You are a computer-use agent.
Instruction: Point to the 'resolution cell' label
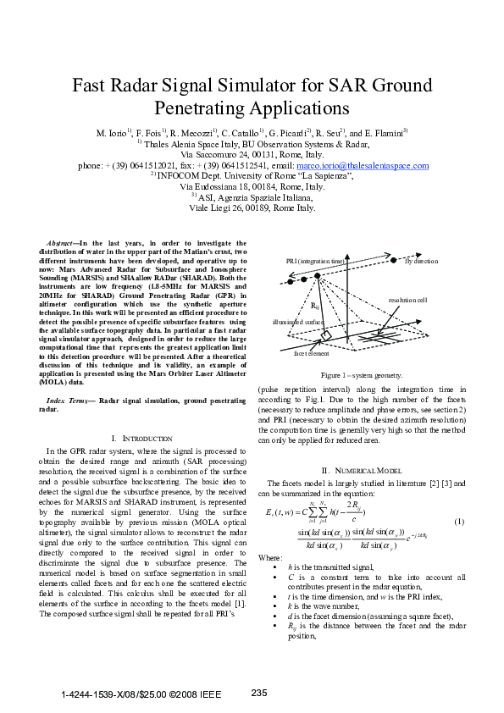pos(431,300)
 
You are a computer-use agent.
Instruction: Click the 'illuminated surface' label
pos(297,323)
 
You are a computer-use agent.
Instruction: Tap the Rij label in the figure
pos(315,305)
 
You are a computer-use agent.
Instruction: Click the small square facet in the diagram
pos(325,336)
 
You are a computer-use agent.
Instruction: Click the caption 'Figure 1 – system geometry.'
pos(361,374)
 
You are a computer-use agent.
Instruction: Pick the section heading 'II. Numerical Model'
pos(361,470)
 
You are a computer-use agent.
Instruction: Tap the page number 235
pos(260,694)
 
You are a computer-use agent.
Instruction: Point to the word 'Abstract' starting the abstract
pos(61,244)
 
